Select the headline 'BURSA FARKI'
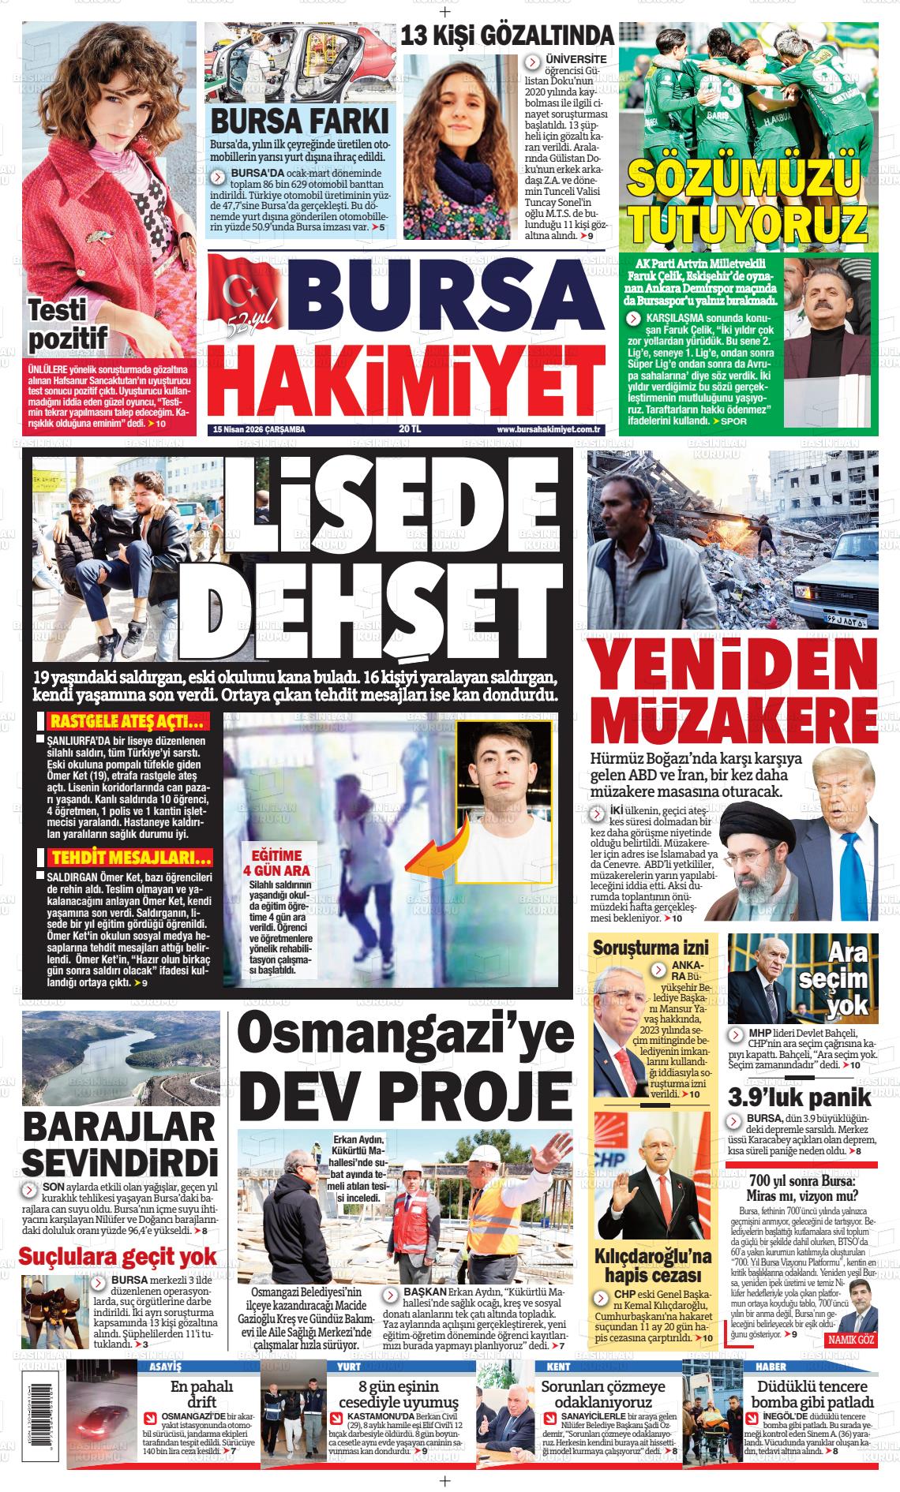point(300,122)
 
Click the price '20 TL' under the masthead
point(410,430)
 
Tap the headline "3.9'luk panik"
point(799,1097)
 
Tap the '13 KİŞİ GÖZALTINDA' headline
point(518,36)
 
